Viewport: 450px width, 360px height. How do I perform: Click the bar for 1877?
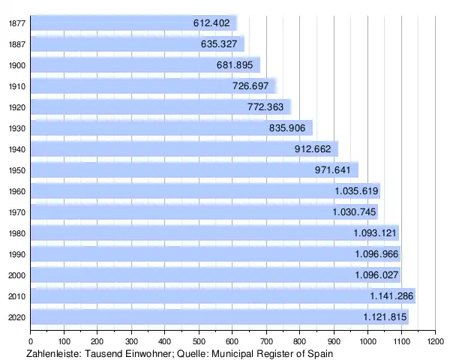[x=112, y=23]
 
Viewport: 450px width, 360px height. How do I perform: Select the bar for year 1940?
[x=150, y=149]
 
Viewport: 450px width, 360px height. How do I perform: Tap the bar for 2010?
[x=187, y=296]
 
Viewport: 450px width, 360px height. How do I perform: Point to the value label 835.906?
[x=287, y=128]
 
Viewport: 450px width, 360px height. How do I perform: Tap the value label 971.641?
[x=333, y=170]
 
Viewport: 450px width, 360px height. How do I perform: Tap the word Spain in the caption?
[x=318, y=353]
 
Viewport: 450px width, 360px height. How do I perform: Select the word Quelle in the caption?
[x=189, y=353]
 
